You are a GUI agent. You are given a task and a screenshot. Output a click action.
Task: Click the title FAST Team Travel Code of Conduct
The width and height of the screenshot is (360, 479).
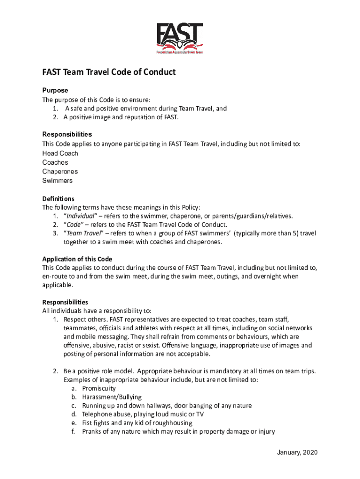pos(109,72)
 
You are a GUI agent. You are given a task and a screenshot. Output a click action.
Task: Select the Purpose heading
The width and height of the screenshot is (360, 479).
pos(55,90)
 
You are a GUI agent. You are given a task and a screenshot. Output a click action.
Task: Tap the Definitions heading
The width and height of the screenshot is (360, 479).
pos(58,199)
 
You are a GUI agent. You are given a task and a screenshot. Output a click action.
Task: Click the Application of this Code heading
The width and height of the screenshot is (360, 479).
pos(77,259)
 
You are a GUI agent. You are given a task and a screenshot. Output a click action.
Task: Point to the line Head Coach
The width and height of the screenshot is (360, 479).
pos(60,153)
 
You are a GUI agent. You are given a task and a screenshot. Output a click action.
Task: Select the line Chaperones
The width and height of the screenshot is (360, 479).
pos(60,172)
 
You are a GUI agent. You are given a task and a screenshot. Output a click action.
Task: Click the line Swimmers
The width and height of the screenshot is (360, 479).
pos(58,181)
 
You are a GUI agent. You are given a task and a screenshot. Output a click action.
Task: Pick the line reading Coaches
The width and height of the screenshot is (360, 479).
pos(55,162)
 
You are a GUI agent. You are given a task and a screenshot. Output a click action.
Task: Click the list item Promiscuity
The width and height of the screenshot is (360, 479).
pos(99,388)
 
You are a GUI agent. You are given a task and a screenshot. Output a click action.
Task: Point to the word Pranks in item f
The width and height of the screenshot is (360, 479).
pos(91,432)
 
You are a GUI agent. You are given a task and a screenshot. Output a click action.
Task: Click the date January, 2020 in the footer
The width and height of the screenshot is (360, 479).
pos(297,452)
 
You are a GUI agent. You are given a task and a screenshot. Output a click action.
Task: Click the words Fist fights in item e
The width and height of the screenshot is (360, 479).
pos(96,423)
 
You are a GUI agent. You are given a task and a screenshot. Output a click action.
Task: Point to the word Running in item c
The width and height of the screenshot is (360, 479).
pos(94,406)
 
